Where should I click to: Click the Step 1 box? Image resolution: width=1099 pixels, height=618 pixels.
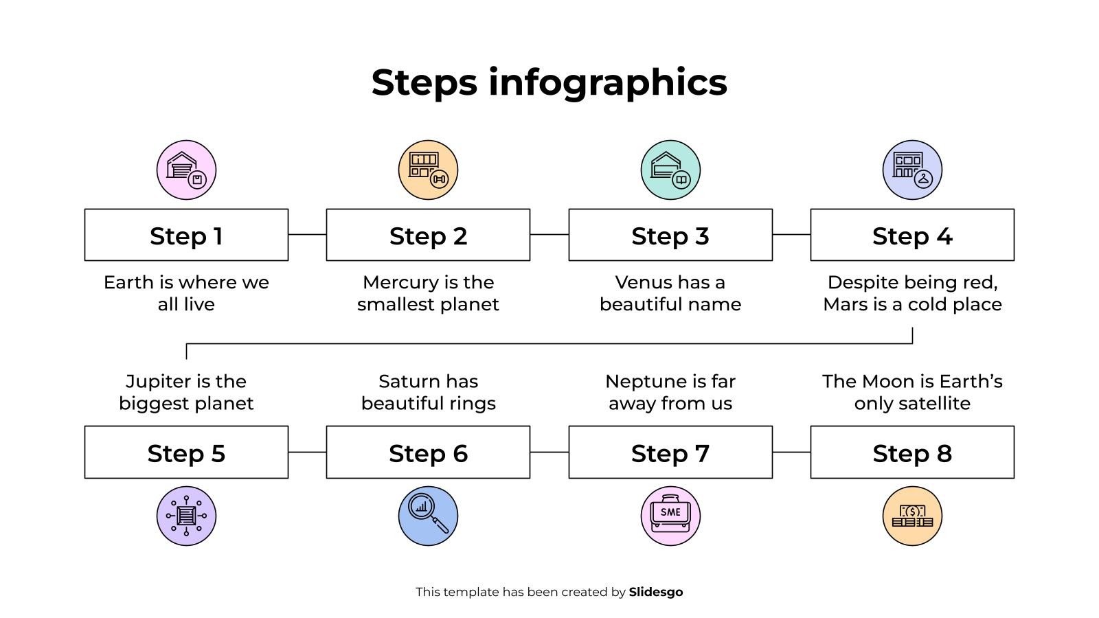[186, 235]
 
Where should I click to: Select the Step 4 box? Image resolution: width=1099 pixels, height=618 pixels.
[912, 235]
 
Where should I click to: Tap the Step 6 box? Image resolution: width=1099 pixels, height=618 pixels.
[428, 453]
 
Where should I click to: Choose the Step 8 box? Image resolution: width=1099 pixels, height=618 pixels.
[912, 453]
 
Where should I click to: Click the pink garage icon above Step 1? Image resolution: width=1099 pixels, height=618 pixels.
[186, 170]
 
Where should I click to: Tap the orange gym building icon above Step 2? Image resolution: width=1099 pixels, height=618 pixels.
[428, 170]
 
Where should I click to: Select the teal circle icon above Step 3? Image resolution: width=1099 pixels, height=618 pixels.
[670, 170]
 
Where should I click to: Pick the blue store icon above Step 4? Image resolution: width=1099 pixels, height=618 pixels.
[912, 170]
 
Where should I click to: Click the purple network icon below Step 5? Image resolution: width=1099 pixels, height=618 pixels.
[186, 516]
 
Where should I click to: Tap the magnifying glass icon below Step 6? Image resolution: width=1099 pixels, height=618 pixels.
[428, 516]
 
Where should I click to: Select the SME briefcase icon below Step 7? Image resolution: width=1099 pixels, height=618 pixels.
[670, 516]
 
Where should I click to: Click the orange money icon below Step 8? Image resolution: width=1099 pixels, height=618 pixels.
[912, 516]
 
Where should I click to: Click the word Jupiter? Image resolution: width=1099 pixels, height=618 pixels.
[155, 382]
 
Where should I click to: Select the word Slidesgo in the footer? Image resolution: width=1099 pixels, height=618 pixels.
[656, 592]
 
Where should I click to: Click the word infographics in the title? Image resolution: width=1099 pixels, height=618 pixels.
[607, 82]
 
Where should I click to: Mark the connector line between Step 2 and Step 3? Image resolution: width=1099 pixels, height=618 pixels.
[549, 235]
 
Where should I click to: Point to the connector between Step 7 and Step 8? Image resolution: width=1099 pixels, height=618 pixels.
[791, 453]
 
